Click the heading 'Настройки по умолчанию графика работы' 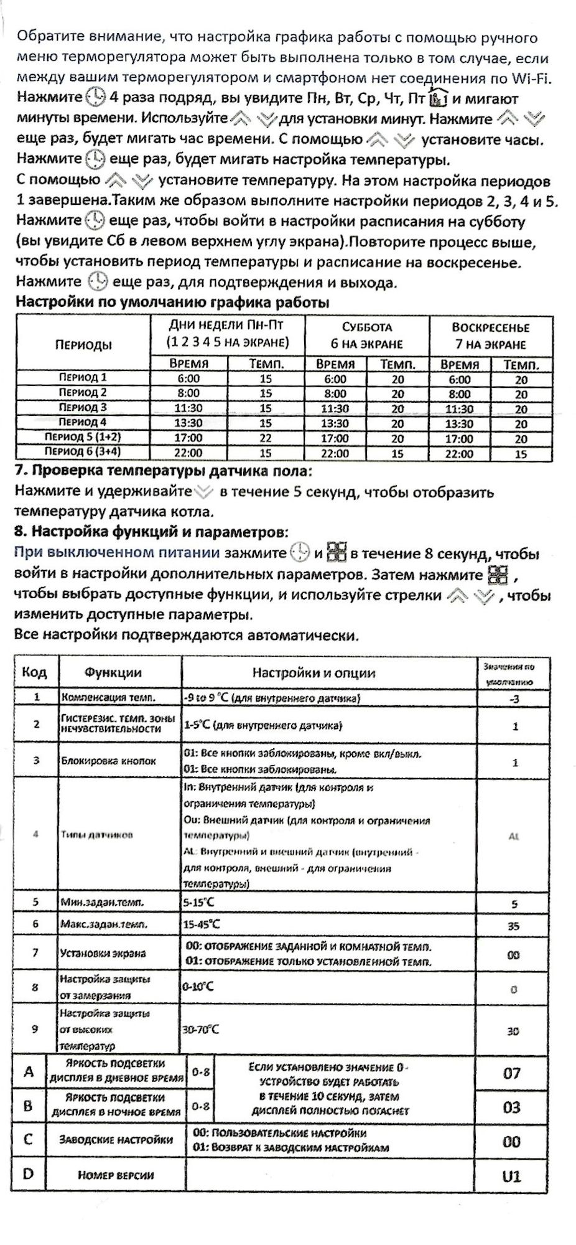click(x=172, y=303)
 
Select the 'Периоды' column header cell click(x=83, y=344)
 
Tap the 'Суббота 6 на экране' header click(x=367, y=336)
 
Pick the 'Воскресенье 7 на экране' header click(x=490, y=336)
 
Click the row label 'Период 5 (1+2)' click(x=83, y=438)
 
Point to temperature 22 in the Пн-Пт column click(x=266, y=438)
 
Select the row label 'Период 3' click(x=83, y=408)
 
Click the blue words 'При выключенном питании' click(x=117, y=553)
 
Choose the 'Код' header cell click(x=34, y=672)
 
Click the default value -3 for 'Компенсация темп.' click(x=514, y=698)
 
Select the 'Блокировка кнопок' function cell click(x=108, y=761)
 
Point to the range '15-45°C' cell click(x=202, y=924)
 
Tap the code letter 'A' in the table click(x=29, y=1071)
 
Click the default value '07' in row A click(x=512, y=1073)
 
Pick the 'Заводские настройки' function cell click(x=116, y=1140)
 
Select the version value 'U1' click(x=511, y=1177)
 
